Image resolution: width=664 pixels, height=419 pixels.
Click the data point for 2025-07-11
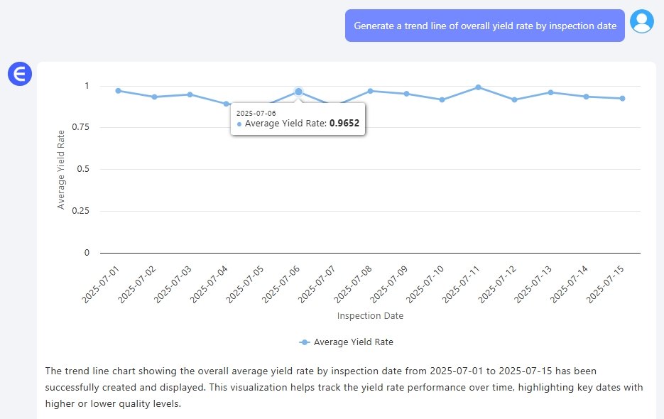point(478,87)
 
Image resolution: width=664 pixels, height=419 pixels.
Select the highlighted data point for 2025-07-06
point(298,92)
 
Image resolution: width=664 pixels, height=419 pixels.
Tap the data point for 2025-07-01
point(118,91)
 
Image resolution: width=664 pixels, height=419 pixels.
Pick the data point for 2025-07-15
point(622,98)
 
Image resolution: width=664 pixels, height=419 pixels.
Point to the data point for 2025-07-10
point(442,99)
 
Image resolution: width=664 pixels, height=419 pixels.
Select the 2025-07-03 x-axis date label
point(173,285)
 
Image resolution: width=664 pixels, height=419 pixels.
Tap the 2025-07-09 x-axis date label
point(389,285)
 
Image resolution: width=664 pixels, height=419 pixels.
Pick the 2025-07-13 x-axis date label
point(533,285)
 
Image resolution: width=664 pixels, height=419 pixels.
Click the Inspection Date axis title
point(370,315)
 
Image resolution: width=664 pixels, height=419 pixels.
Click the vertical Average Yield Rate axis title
point(61,169)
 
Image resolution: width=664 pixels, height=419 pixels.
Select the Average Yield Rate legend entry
point(347,342)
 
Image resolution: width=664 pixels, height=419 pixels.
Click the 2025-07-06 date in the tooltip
point(256,113)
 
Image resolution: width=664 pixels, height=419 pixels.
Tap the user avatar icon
point(642,22)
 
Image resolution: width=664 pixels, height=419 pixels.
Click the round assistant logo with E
point(20,74)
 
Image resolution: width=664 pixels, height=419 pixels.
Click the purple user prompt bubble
point(484,26)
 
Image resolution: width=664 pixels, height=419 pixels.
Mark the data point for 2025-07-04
point(227,104)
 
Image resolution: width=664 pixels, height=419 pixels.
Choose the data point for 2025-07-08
point(370,91)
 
